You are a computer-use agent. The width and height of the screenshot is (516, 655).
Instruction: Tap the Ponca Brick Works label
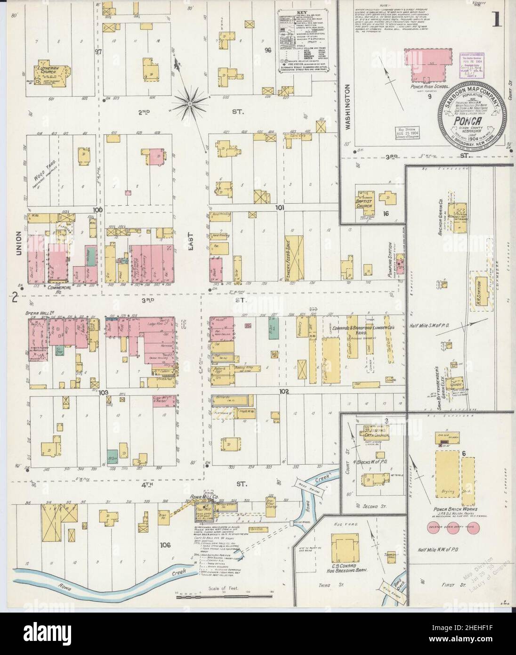coord(451,510)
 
